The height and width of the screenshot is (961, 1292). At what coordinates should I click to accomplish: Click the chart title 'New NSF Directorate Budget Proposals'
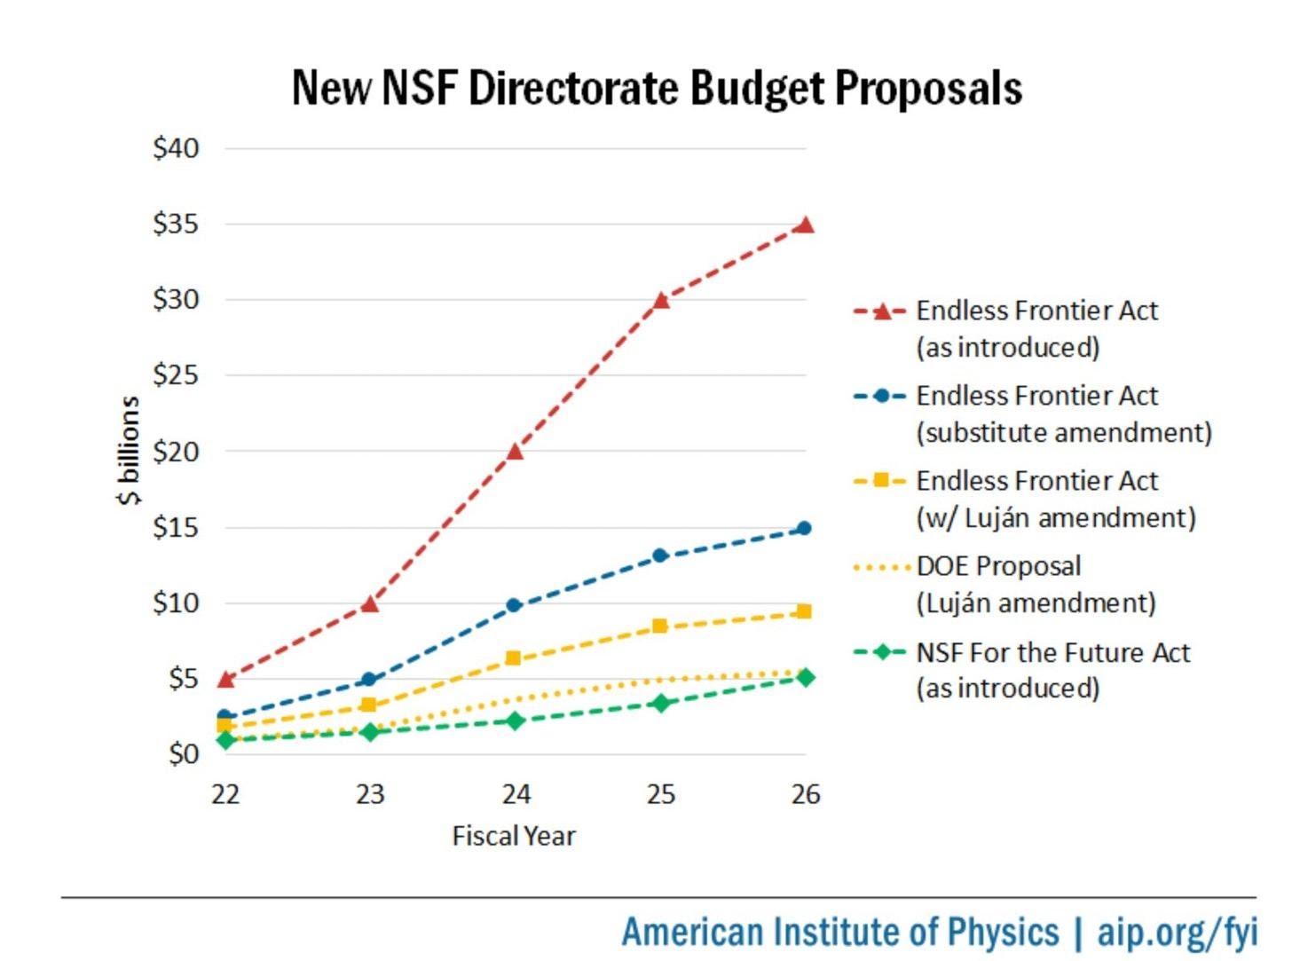click(657, 88)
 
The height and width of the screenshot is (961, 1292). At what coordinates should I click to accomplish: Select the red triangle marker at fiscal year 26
click(804, 224)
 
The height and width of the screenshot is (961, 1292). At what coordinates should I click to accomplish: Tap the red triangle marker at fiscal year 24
click(515, 451)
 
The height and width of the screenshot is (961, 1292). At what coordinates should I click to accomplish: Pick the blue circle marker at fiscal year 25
click(660, 555)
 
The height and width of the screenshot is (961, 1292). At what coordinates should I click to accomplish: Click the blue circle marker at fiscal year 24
click(514, 605)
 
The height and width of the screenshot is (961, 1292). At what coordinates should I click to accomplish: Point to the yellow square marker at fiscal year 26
click(804, 611)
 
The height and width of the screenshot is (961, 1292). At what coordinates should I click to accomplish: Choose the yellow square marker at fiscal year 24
click(513, 658)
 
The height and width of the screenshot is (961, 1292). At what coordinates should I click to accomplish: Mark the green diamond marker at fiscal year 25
click(660, 703)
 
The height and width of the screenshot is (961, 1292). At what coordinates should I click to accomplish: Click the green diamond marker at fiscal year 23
click(370, 732)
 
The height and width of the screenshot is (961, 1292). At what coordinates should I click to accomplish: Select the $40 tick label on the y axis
click(176, 148)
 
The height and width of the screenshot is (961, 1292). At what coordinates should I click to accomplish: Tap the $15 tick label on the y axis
click(176, 527)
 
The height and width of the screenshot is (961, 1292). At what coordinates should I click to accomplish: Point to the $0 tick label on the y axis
click(183, 754)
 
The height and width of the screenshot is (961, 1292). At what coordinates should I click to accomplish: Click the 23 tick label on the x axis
click(370, 794)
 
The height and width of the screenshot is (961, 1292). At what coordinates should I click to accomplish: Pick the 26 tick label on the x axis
click(805, 794)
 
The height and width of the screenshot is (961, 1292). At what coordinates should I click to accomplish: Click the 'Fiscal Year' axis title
click(514, 836)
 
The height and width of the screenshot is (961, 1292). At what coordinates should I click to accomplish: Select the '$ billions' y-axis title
click(129, 451)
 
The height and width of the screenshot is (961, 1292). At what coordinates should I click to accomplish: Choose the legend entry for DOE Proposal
click(998, 566)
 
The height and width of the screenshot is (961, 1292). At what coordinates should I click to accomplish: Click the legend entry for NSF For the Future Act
click(1052, 653)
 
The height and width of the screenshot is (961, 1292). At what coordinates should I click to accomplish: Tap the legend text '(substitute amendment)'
click(1063, 433)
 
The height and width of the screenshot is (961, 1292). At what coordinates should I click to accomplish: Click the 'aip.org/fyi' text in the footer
click(1177, 932)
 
